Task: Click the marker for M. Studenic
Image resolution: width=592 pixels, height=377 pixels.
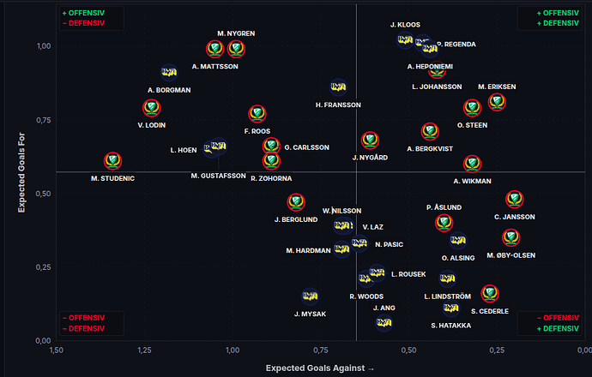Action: [x=112, y=161]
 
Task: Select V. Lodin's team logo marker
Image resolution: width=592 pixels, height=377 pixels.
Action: [x=151, y=108]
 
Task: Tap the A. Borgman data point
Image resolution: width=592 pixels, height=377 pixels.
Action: [x=169, y=72]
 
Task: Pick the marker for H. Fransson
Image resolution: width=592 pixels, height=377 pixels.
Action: [x=338, y=87]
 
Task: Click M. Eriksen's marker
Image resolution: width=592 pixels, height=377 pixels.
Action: [x=497, y=102]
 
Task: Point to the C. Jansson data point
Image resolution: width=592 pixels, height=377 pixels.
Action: [x=514, y=199]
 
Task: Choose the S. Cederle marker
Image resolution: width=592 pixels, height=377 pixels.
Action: [x=490, y=293]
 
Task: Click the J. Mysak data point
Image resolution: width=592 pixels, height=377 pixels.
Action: [x=310, y=296]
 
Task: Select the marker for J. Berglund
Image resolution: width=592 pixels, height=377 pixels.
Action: [x=296, y=202]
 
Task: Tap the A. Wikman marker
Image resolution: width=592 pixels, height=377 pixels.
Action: [x=472, y=164]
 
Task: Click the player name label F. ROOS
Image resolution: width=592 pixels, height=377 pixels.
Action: [x=257, y=131]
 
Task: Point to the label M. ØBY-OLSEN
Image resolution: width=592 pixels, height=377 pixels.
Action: [x=510, y=255]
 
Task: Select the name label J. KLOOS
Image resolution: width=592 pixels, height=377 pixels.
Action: [x=405, y=25]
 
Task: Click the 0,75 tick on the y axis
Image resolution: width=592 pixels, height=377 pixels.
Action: [x=44, y=120]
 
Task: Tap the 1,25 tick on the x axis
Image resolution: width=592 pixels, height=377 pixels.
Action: [x=144, y=350]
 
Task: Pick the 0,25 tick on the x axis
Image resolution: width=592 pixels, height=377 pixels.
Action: [x=497, y=350]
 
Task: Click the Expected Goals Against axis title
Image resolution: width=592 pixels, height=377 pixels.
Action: [x=315, y=368]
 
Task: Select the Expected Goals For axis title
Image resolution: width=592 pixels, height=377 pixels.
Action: [x=21, y=172]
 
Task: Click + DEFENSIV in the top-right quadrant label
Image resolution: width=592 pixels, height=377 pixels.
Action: [x=558, y=23]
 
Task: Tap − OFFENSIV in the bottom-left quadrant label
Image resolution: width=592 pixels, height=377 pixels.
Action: [x=83, y=318]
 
